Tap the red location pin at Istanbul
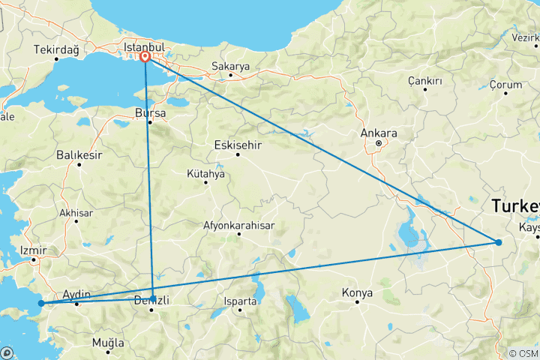(145, 55)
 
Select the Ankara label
(379, 133)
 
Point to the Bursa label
(149, 113)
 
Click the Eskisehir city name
(238, 144)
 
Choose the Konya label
(356, 292)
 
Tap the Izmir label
(34, 250)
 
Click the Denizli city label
(152, 301)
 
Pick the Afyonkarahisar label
(238, 225)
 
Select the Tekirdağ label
(57, 50)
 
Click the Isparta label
(240, 301)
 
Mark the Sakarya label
(229, 66)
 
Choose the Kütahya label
(205, 174)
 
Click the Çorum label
(505, 85)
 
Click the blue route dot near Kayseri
(498, 241)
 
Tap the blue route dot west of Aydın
(41, 304)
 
